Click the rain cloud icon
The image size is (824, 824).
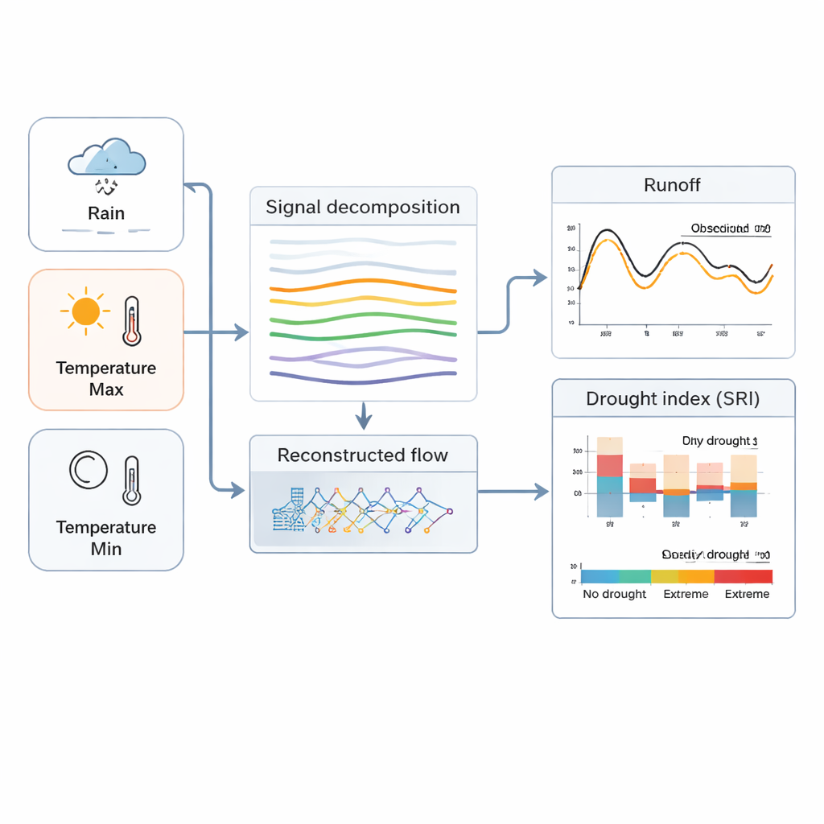(x=107, y=158)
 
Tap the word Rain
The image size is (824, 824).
(x=106, y=213)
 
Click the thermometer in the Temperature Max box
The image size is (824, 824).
(x=131, y=320)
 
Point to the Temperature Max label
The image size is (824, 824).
(x=106, y=379)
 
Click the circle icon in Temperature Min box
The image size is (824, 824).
(x=89, y=470)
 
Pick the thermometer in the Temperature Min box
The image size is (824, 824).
(x=131, y=480)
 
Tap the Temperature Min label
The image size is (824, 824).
(x=106, y=538)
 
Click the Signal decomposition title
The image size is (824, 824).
(x=363, y=207)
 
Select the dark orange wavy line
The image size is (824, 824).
(x=363, y=286)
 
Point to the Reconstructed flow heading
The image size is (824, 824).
(x=363, y=455)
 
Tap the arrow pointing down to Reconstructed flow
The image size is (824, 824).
(x=364, y=418)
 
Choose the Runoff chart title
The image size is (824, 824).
(x=673, y=185)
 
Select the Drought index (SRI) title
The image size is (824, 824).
(x=673, y=398)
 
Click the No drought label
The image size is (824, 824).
(x=614, y=594)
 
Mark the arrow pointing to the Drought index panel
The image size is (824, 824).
(x=539, y=492)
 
